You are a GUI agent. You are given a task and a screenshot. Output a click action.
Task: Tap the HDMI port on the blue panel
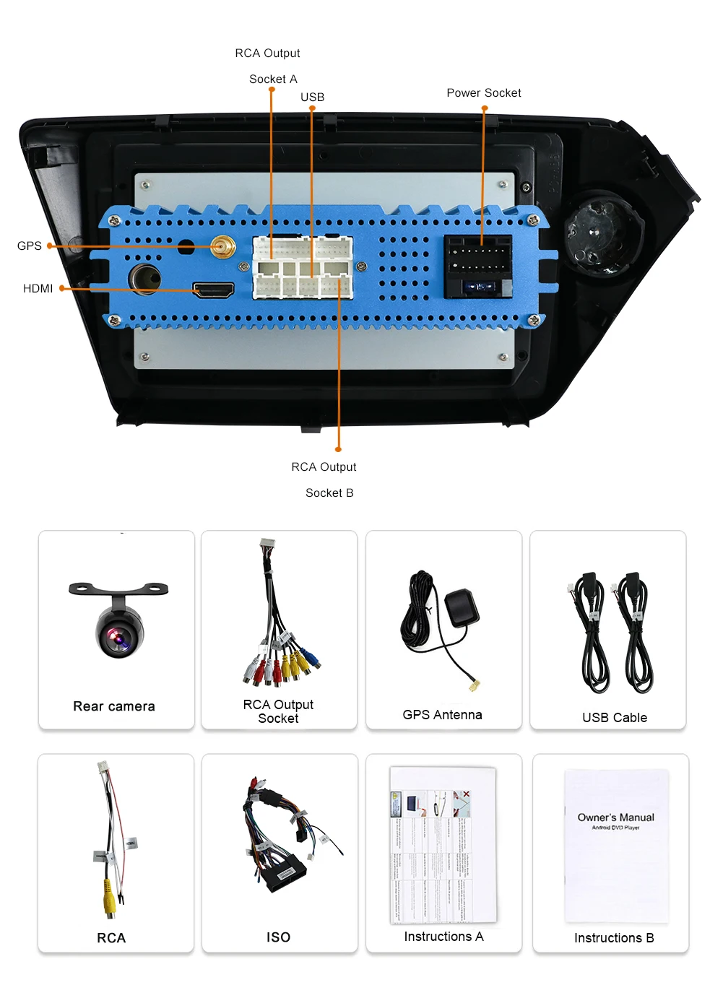(213, 290)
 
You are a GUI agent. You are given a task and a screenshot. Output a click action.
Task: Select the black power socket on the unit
(478, 265)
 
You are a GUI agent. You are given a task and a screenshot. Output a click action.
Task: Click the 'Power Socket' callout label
(483, 92)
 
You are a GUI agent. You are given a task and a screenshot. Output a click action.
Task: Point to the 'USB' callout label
(312, 97)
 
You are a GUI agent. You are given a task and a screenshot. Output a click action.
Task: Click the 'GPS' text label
(30, 246)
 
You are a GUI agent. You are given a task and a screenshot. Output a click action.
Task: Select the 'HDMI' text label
(38, 288)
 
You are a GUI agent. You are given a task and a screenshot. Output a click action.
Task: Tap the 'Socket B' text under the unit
(329, 492)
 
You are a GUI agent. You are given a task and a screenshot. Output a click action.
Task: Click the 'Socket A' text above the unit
(273, 79)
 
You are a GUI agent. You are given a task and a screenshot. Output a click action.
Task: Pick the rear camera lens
(118, 636)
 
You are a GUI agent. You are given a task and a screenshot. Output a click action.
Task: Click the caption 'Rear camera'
(114, 706)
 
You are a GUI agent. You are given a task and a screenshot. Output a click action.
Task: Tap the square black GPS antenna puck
(462, 607)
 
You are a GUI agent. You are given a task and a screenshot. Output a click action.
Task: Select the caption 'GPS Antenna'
(442, 714)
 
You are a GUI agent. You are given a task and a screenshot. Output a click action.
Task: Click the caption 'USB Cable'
(615, 717)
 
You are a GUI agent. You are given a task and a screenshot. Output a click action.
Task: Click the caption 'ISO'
(278, 937)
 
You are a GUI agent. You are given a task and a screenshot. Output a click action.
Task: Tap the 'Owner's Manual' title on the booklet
(616, 817)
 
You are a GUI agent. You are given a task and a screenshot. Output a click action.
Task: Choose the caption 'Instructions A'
(443, 936)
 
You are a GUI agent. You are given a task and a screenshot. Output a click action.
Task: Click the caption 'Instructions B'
(614, 937)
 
